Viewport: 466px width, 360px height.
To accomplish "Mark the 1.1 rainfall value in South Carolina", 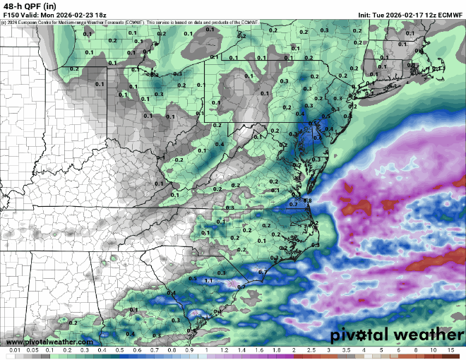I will coord(208,281).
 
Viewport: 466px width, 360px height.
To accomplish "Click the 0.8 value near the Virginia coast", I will coord(307,201).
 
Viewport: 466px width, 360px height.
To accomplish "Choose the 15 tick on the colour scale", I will coord(450,350).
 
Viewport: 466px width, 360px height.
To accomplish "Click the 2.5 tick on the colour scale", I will coord(311,350).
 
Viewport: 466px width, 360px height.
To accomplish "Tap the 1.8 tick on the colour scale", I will coord(276,350).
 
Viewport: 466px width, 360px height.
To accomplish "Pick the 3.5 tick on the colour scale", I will coord(346,350).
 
